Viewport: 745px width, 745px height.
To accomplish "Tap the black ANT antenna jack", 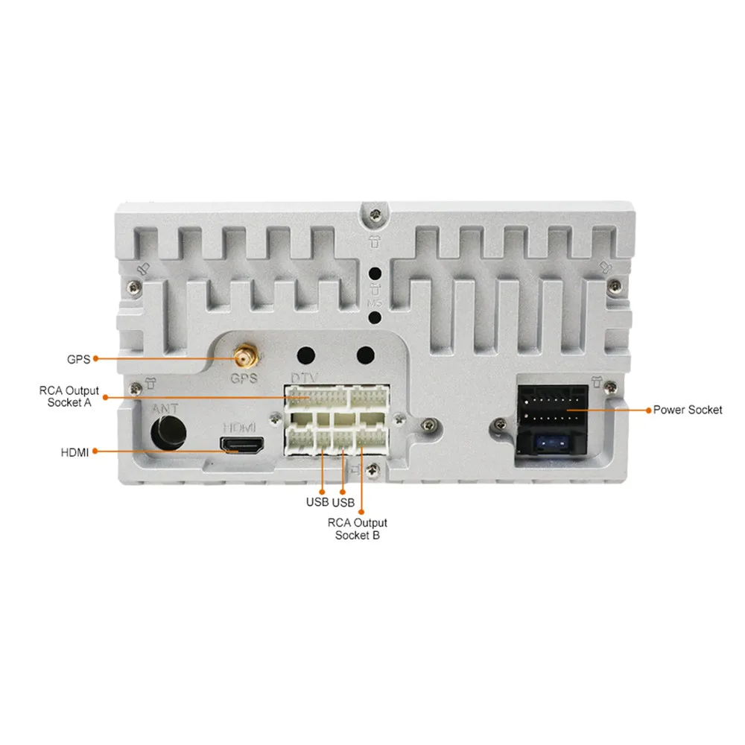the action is click(x=169, y=431).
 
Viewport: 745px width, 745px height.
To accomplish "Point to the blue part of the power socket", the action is click(x=550, y=445).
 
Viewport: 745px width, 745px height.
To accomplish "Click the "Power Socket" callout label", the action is click(x=687, y=410).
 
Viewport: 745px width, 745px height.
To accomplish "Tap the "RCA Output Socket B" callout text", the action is click(x=358, y=529).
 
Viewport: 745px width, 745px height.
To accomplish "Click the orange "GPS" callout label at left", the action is click(x=78, y=359).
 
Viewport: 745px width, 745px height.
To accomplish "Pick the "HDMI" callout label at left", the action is click(x=74, y=451).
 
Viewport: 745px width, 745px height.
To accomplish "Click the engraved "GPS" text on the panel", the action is click(x=244, y=378).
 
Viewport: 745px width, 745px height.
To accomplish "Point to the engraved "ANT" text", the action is click(x=165, y=409).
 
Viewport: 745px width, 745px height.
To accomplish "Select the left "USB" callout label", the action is click(x=317, y=501).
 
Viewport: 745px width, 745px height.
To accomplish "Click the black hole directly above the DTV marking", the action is click(x=305, y=355).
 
